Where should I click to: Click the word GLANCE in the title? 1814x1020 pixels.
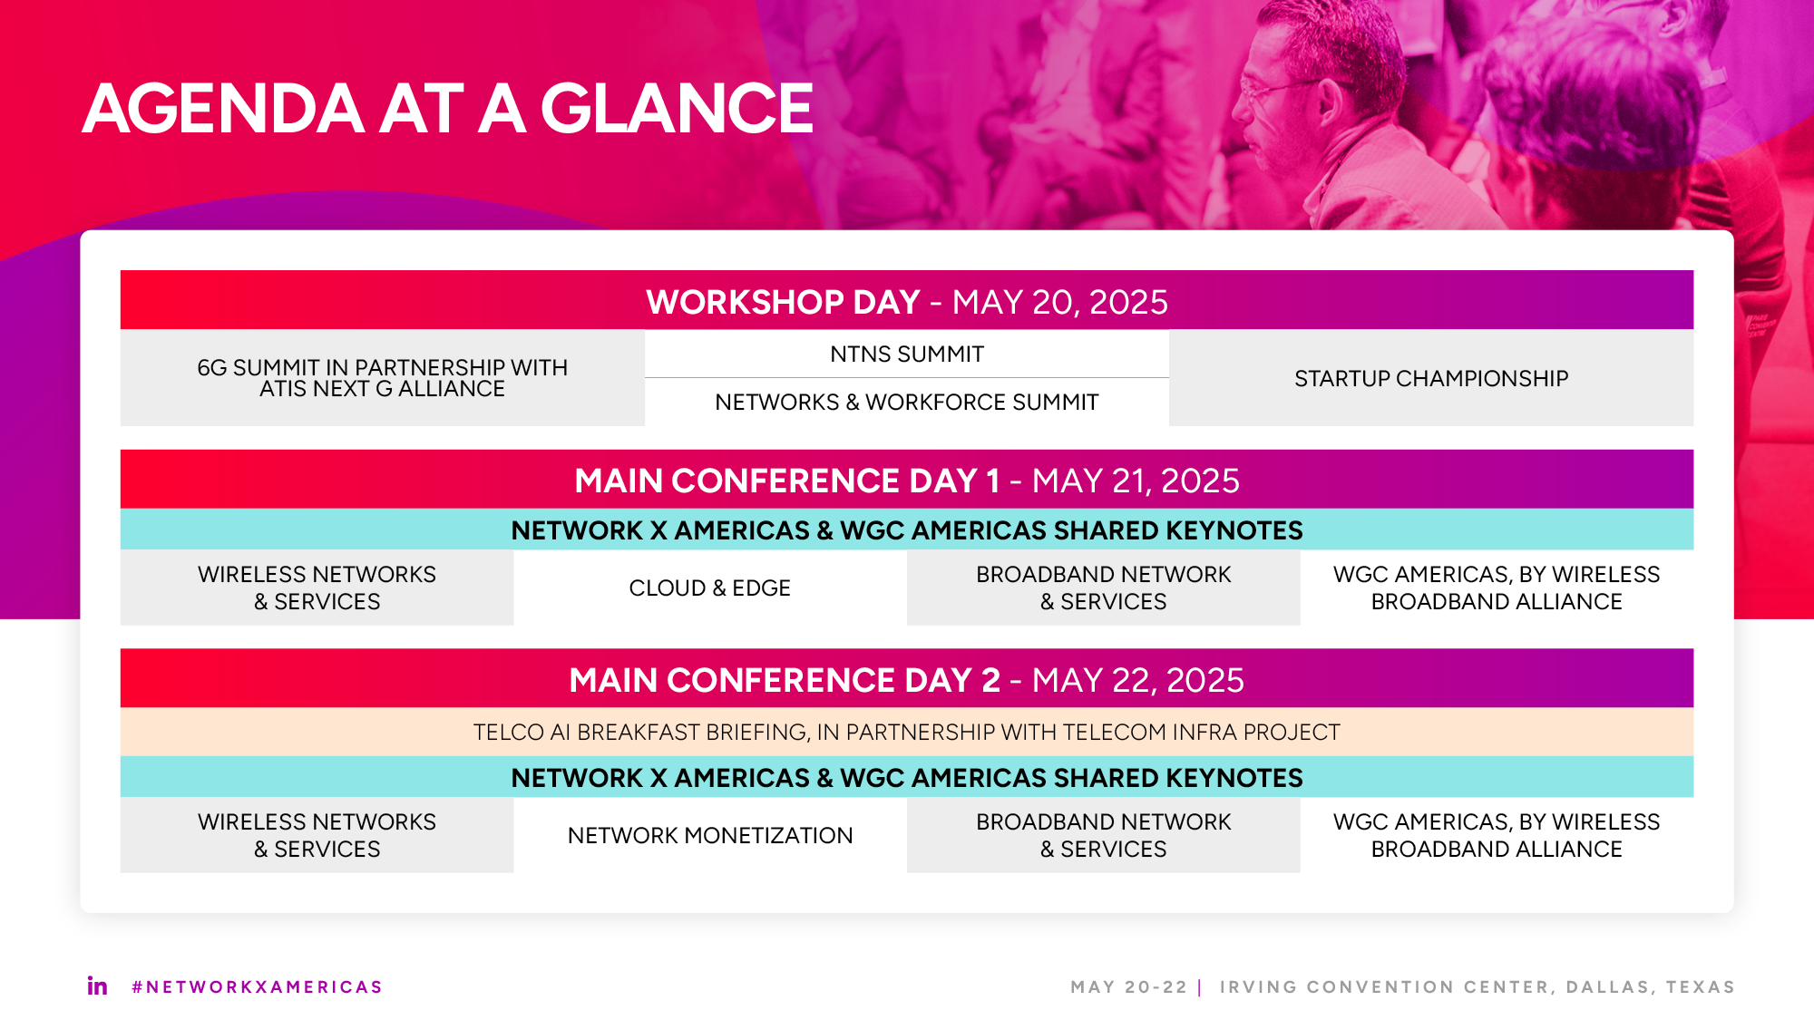click(677, 109)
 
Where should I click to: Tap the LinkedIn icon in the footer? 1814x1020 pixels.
click(97, 986)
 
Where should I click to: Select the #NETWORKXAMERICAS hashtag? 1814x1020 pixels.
click(257, 986)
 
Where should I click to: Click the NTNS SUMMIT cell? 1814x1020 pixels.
click(906, 355)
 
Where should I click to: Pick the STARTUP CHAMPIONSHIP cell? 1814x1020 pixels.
click(1430, 378)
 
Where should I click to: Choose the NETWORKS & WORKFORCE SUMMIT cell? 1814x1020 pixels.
click(906, 402)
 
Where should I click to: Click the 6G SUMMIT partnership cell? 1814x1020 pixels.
click(382, 378)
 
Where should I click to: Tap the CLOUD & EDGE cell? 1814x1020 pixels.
click(709, 588)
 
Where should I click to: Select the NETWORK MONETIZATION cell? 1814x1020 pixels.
click(709, 835)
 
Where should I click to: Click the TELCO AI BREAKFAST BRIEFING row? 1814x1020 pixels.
click(906, 732)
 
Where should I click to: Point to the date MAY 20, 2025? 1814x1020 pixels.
click(1059, 302)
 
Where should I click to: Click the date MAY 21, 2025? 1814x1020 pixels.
click(1136, 481)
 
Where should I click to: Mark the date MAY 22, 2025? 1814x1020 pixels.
click(1137, 680)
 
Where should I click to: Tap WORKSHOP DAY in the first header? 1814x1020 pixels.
click(783, 302)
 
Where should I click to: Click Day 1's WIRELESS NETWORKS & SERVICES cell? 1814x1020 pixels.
click(317, 588)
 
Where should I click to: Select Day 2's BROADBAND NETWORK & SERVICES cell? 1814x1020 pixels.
click(1103, 835)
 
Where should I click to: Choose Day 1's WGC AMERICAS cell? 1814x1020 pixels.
click(1496, 588)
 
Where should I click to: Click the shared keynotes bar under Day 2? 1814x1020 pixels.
click(906, 778)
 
